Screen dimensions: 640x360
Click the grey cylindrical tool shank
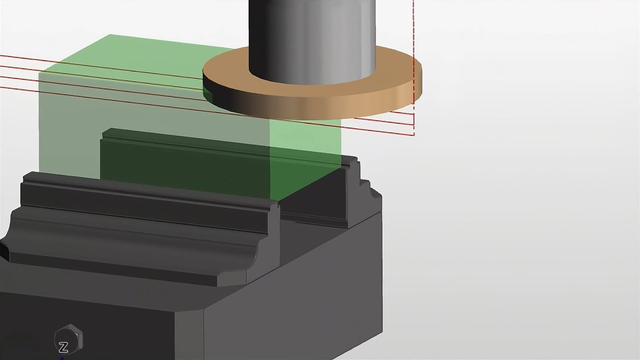click(x=312, y=40)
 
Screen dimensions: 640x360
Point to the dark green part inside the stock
click(x=187, y=160)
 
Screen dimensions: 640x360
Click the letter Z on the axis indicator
click(x=63, y=348)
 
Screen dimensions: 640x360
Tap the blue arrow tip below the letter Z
click(x=62, y=358)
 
